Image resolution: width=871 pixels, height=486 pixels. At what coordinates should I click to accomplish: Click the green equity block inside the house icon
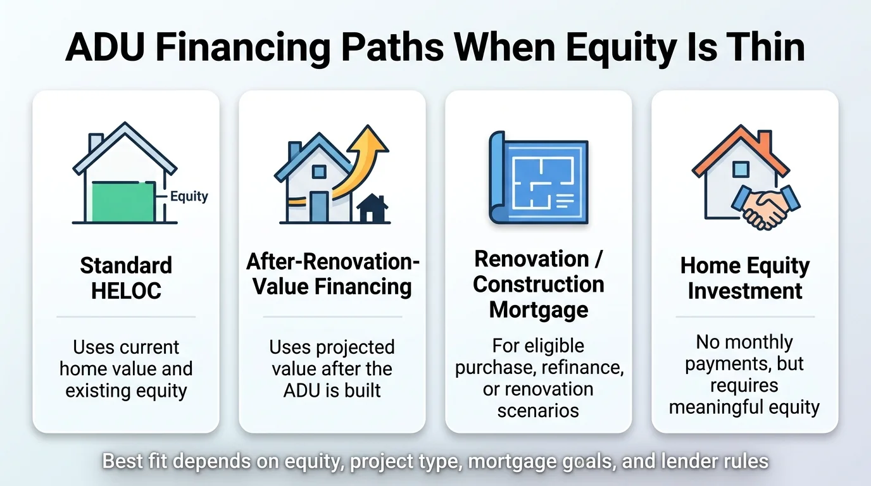point(123,201)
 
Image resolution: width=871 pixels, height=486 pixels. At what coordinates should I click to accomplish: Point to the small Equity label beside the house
point(189,196)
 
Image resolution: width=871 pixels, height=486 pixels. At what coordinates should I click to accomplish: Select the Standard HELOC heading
point(126,278)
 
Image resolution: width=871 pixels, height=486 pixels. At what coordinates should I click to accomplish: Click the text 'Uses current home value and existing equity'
point(126,369)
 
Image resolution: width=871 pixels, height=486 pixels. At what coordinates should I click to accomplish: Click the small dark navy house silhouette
point(372,209)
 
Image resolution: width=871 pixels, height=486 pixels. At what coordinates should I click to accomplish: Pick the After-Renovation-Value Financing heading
point(332,273)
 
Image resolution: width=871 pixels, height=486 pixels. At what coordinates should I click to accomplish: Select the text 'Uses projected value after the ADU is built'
point(332,369)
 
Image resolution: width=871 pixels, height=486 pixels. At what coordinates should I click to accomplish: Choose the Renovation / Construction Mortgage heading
point(539,284)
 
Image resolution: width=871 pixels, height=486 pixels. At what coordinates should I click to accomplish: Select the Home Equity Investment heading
point(745,278)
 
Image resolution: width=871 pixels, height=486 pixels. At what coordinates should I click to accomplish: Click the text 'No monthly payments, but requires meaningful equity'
point(744,375)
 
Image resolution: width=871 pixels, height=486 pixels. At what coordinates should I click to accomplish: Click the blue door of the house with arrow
point(319,207)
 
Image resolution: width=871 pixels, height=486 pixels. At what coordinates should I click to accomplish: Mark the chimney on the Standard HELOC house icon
point(96,142)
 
